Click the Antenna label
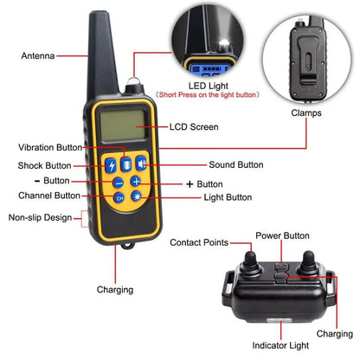pyautogui.click(x=37, y=56)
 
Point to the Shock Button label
pyautogui.click(x=44, y=164)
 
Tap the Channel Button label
pyautogui.click(x=42, y=196)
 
